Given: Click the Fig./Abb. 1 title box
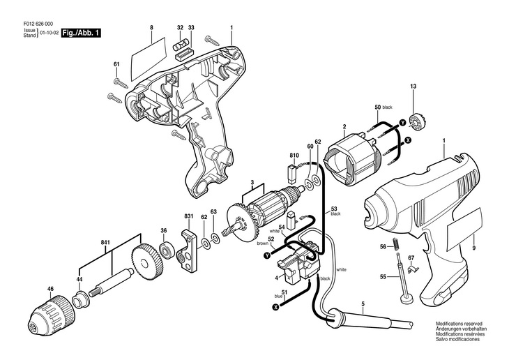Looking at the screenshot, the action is [x=81, y=33].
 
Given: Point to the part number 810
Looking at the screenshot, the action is [x=294, y=156].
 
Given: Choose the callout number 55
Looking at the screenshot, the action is [x=383, y=277].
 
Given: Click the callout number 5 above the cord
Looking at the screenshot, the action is [x=363, y=303].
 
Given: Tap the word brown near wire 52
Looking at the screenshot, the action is [x=263, y=243].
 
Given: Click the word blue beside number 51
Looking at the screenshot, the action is [x=278, y=296].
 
